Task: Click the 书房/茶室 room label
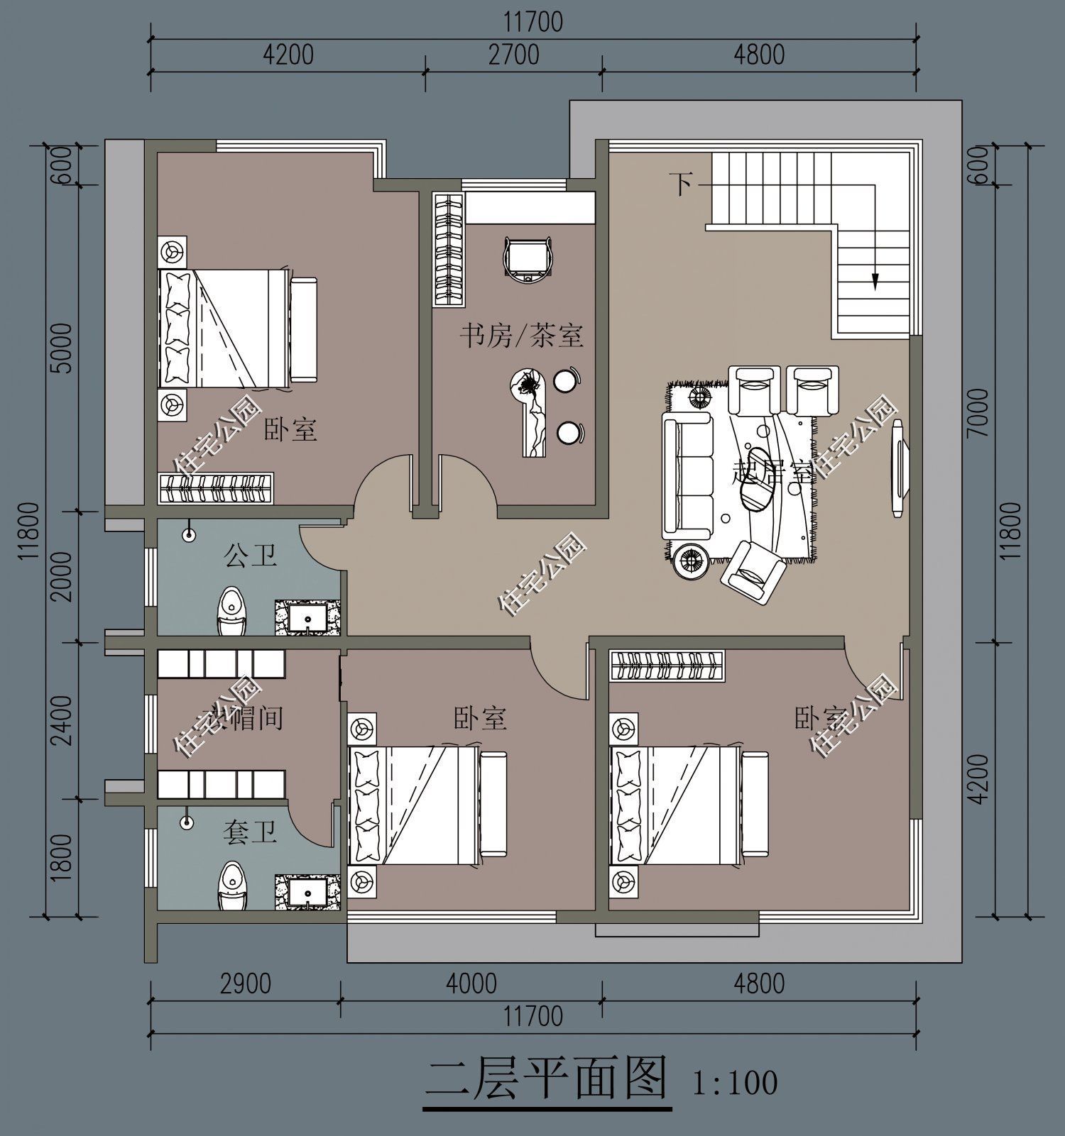(521, 335)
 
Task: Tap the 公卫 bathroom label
(250, 555)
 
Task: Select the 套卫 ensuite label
(249, 832)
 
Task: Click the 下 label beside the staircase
(682, 184)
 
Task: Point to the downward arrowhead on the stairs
(875, 282)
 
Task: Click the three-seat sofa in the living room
(687, 475)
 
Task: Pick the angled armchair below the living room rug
(753, 571)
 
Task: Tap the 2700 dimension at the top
(513, 55)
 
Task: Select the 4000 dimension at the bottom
(471, 983)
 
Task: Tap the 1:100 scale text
(734, 1083)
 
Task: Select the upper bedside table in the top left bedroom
(172, 251)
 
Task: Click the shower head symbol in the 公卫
(189, 534)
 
